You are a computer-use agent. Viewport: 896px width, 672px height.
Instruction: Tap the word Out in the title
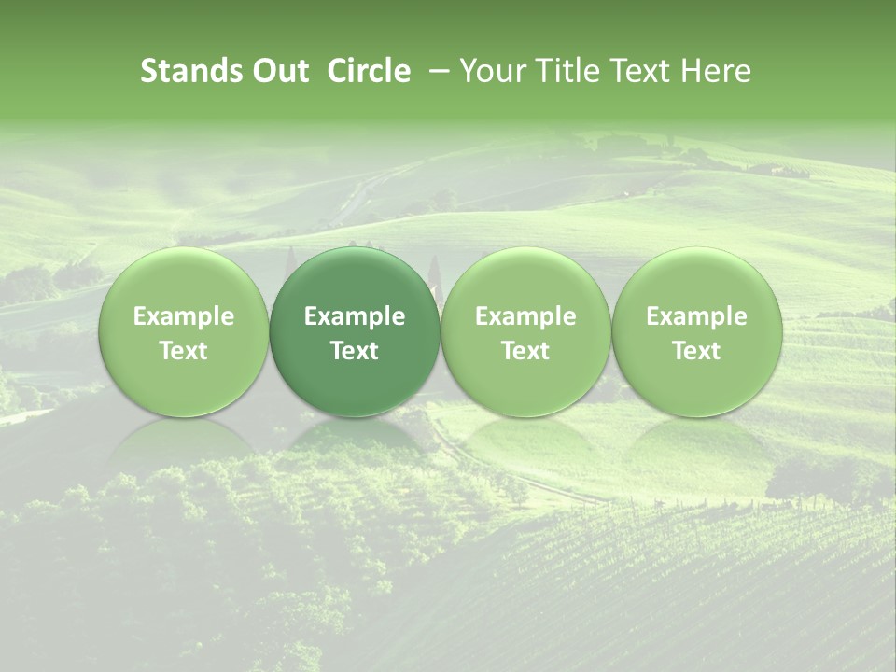point(278,71)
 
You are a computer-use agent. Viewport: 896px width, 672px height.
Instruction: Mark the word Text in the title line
point(642,71)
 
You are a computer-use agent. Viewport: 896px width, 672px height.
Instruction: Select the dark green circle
point(355,332)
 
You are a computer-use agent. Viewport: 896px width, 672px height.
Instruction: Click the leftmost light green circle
point(184,332)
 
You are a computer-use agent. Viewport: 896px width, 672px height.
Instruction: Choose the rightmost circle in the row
point(696,332)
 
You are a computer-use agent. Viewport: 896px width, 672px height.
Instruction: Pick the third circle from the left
point(525,332)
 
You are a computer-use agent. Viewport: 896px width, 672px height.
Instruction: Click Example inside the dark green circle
point(355,317)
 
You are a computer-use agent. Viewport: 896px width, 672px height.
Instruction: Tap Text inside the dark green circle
point(355,351)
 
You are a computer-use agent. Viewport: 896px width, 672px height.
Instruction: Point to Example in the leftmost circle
point(184,317)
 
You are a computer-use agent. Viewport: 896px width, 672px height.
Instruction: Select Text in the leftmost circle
point(184,351)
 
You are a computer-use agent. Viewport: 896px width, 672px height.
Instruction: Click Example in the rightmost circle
point(696,317)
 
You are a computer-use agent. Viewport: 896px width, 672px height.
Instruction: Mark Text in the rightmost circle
point(696,351)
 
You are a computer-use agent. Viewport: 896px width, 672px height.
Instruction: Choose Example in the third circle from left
point(525,317)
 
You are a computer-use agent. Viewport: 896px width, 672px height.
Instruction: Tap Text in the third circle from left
point(525,351)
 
